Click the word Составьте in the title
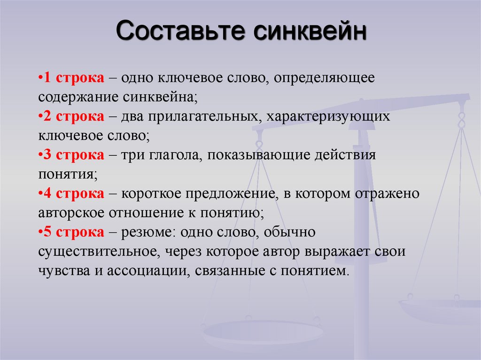click(180, 31)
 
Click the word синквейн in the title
click(310, 31)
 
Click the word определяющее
click(324, 78)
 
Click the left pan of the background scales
click(263, 332)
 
